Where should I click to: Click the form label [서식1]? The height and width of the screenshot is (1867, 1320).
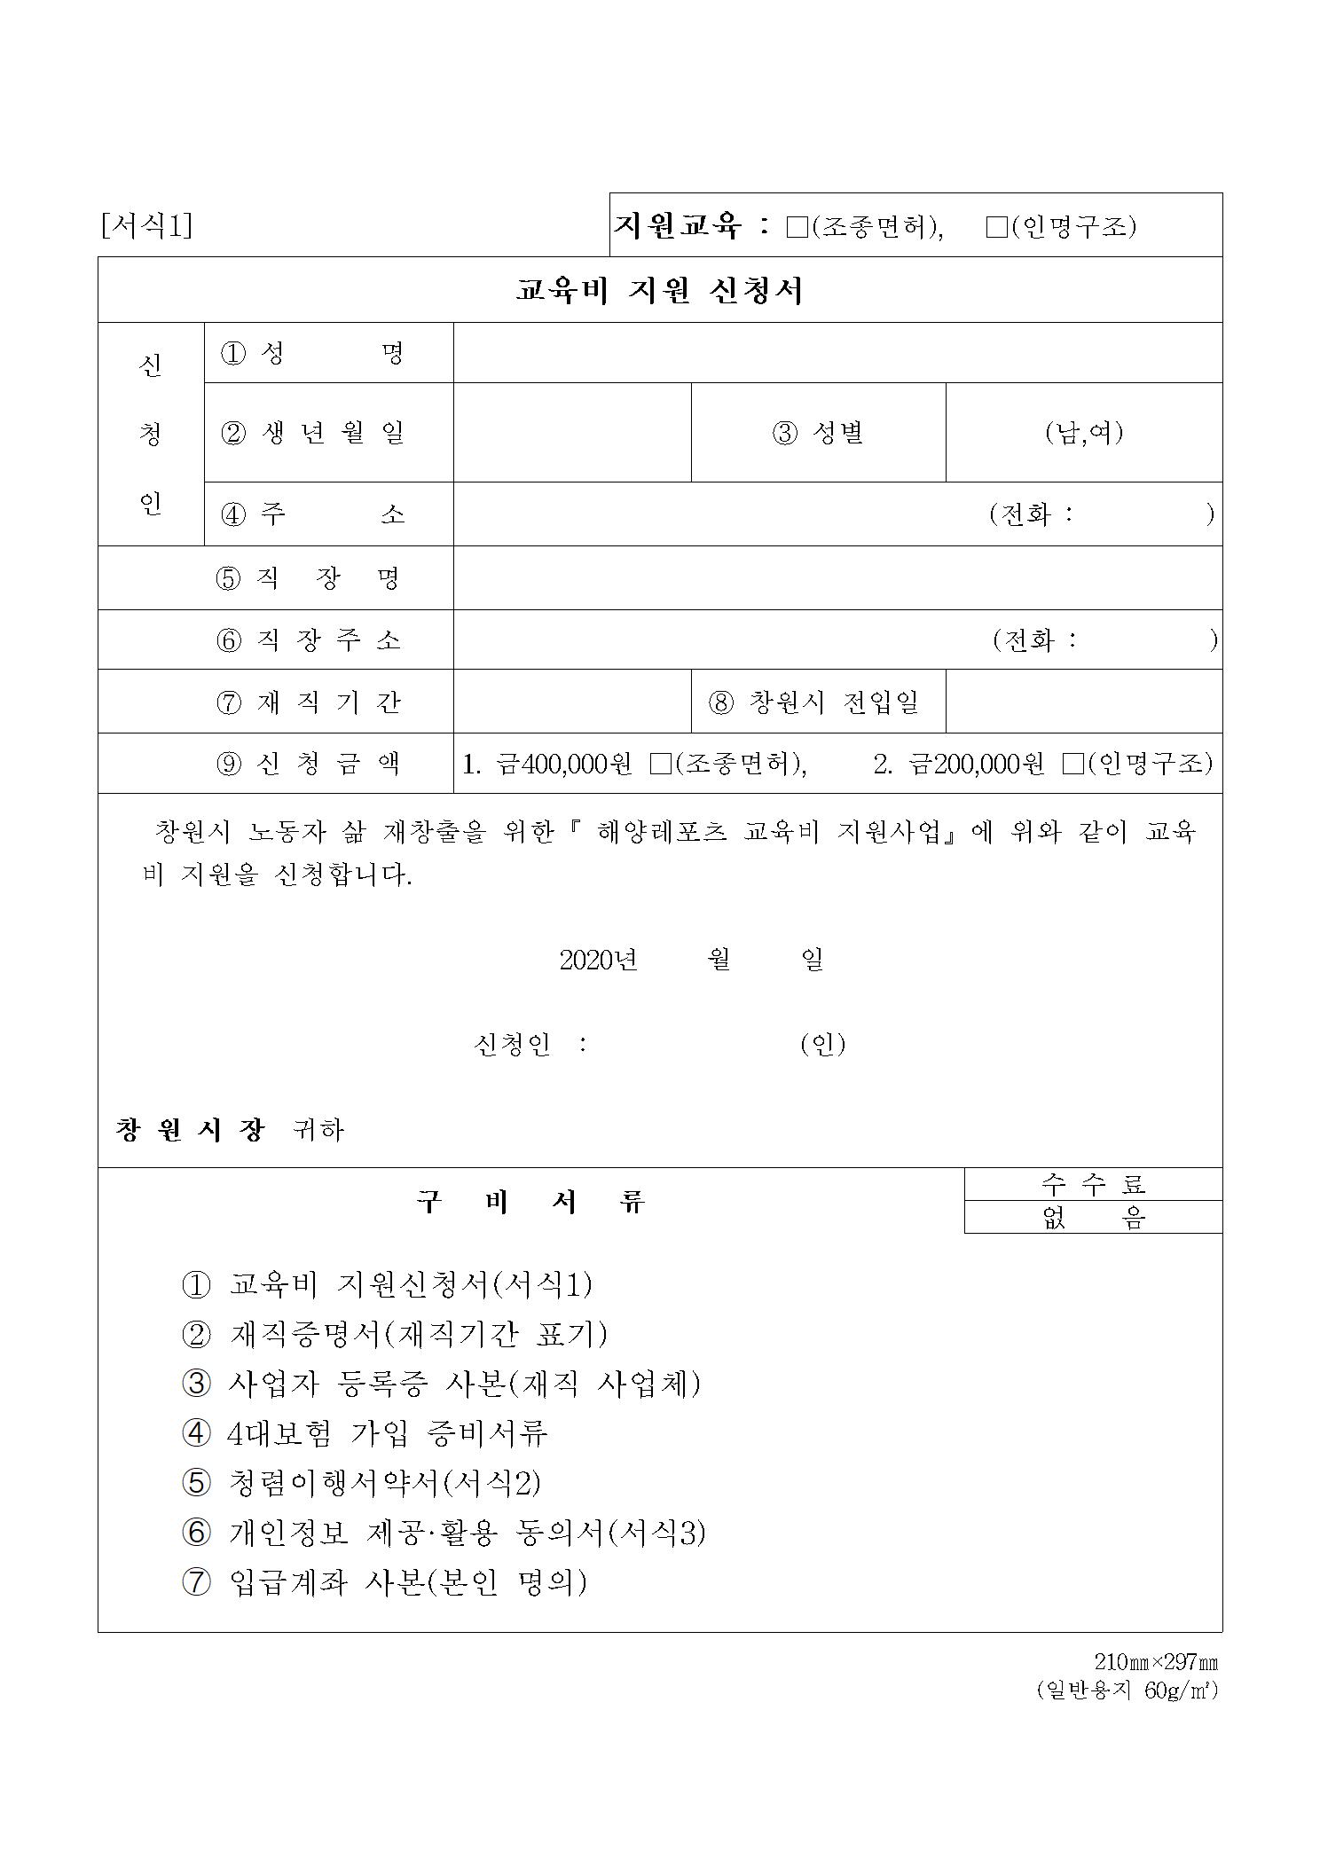tap(146, 226)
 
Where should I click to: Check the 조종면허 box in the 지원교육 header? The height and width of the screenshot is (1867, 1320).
tap(797, 228)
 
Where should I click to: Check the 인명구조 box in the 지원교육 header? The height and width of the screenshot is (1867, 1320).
tap(996, 228)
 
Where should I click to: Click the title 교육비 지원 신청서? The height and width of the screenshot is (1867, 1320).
tap(659, 291)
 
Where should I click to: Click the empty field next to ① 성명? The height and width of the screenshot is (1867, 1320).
tap(837, 353)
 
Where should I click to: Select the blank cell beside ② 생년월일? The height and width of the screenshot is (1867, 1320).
tap(571, 433)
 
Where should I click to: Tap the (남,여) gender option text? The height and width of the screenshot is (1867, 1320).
tap(1083, 433)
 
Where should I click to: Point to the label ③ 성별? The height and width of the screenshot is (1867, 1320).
tap(817, 433)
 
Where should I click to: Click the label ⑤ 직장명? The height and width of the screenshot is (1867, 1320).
tap(308, 578)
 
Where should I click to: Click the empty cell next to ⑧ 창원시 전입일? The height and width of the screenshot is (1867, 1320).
tap(1083, 702)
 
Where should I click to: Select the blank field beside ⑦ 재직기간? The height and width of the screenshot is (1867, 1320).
tap(571, 702)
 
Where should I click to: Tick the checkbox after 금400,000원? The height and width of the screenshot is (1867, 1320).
tap(660, 764)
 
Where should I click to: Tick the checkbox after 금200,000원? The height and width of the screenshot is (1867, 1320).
tap(1072, 764)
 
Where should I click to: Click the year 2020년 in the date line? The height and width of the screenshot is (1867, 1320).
tap(598, 960)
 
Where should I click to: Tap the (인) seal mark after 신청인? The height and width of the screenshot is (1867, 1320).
tap(822, 1044)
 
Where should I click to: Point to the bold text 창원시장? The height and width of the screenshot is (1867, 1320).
tap(190, 1129)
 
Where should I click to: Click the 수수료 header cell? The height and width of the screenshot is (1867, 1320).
tap(1093, 1184)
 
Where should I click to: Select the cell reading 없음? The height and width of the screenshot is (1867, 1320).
tap(1093, 1218)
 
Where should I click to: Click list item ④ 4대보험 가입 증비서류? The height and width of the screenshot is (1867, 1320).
tap(365, 1432)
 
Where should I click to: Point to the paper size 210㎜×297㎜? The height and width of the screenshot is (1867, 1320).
tap(1155, 1662)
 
